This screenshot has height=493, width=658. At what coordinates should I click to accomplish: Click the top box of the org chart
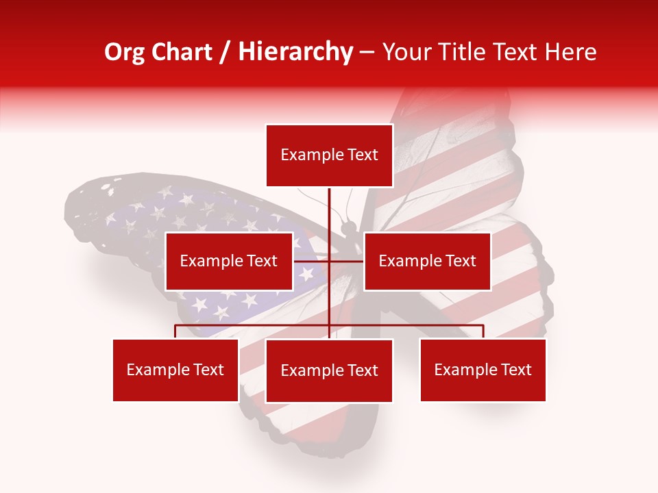(x=329, y=155)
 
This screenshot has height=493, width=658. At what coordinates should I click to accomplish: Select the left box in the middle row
(x=229, y=261)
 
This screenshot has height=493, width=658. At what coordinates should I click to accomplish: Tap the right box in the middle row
(x=427, y=261)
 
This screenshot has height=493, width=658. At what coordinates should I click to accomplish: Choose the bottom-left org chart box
(x=175, y=370)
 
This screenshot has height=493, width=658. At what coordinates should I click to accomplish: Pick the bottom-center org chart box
(x=329, y=370)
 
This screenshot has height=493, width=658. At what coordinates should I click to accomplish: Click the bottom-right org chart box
(x=483, y=370)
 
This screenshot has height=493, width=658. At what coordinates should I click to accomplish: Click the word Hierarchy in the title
(x=295, y=51)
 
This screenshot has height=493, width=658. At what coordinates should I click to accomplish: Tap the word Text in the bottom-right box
(x=516, y=370)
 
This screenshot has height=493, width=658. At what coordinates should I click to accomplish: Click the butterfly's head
(x=349, y=225)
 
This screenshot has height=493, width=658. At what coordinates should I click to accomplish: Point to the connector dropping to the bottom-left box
(x=175, y=331)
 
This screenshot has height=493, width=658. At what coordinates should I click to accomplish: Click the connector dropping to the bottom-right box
(x=483, y=331)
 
